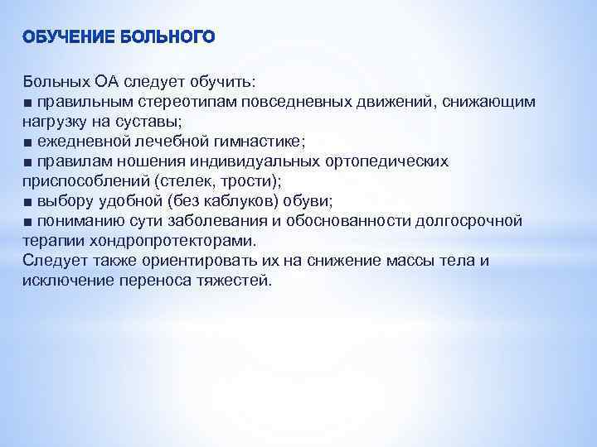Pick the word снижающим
click(489, 102)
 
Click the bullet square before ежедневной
click(28, 142)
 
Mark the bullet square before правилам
click(28, 161)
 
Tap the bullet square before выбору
click(28, 201)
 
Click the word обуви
click(308, 201)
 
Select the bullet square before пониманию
click(28, 221)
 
